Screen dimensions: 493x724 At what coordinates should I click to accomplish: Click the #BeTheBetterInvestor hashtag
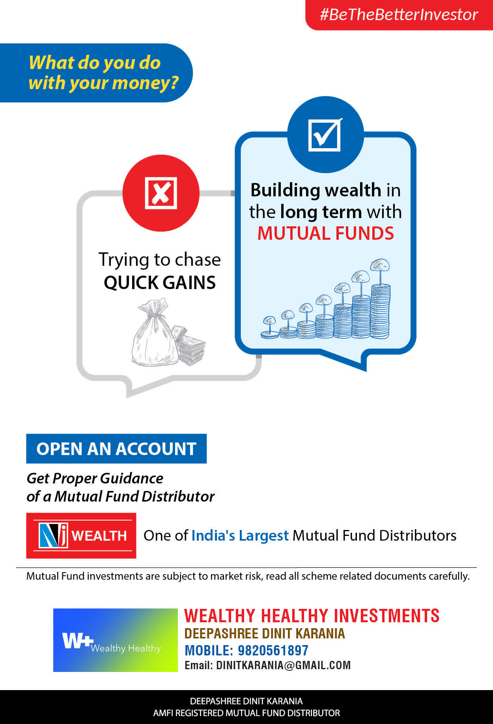pyautogui.click(x=399, y=15)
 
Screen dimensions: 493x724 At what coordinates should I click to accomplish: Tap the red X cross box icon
pyautogui.click(x=161, y=193)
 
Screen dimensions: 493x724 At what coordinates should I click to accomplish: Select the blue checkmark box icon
pyautogui.click(x=325, y=134)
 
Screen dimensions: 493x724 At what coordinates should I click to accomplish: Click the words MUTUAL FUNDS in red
pyautogui.click(x=325, y=233)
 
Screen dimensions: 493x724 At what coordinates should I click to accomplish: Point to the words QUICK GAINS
pyautogui.click(x=160, y=282)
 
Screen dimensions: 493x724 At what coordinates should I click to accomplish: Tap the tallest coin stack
pyautogui.click(x=380, y=311)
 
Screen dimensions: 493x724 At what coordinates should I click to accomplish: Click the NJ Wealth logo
pyautogui.click(x=81, y=536)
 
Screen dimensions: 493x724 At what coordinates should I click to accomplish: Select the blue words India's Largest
pyautogui.click(x=240, y=536)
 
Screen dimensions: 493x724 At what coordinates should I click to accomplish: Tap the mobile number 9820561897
pyautogui.click(x=273, y=650)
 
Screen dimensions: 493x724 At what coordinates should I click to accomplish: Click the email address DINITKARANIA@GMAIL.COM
pyautogui.click(x=284, y=665)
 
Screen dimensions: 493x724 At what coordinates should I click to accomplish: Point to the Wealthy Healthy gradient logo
pyautogui.click(x=116, y=640)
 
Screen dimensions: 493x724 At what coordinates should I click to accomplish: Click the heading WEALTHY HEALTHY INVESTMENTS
pyautogui.click(x=312, y=616)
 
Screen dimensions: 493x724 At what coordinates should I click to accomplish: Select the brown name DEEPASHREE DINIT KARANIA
pyautogui.click(x=265, y=633)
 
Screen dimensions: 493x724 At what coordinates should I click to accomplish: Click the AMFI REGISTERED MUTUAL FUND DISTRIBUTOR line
pyautogui.click(x=246, y=713)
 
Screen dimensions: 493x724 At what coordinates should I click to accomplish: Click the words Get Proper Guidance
pyautogui.click(x=95, y=478)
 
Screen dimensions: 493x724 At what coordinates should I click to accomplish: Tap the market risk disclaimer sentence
pyautogui.click(x=248, y=576)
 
